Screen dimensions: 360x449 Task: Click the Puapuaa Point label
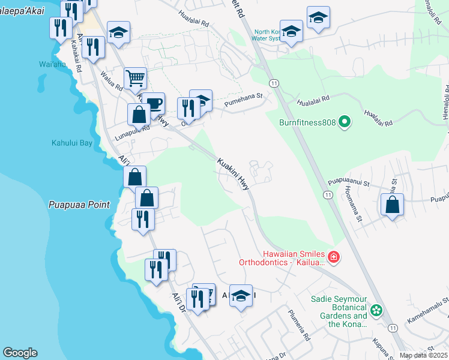coord(79,205)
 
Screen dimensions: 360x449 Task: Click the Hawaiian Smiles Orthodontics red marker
coord(333,257)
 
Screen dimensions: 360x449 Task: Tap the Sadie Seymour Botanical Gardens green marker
coord(376,310)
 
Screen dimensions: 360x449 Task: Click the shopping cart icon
coord(136,77)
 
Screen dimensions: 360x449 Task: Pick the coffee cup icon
coord(154,103)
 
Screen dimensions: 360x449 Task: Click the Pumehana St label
coord(244,100)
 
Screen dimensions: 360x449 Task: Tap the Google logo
coord(20,353)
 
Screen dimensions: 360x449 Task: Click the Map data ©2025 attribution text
coord(423,355)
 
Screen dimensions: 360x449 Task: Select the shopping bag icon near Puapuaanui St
coord(392,204)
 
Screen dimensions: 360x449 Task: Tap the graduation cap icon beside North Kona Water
coord(292,31)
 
